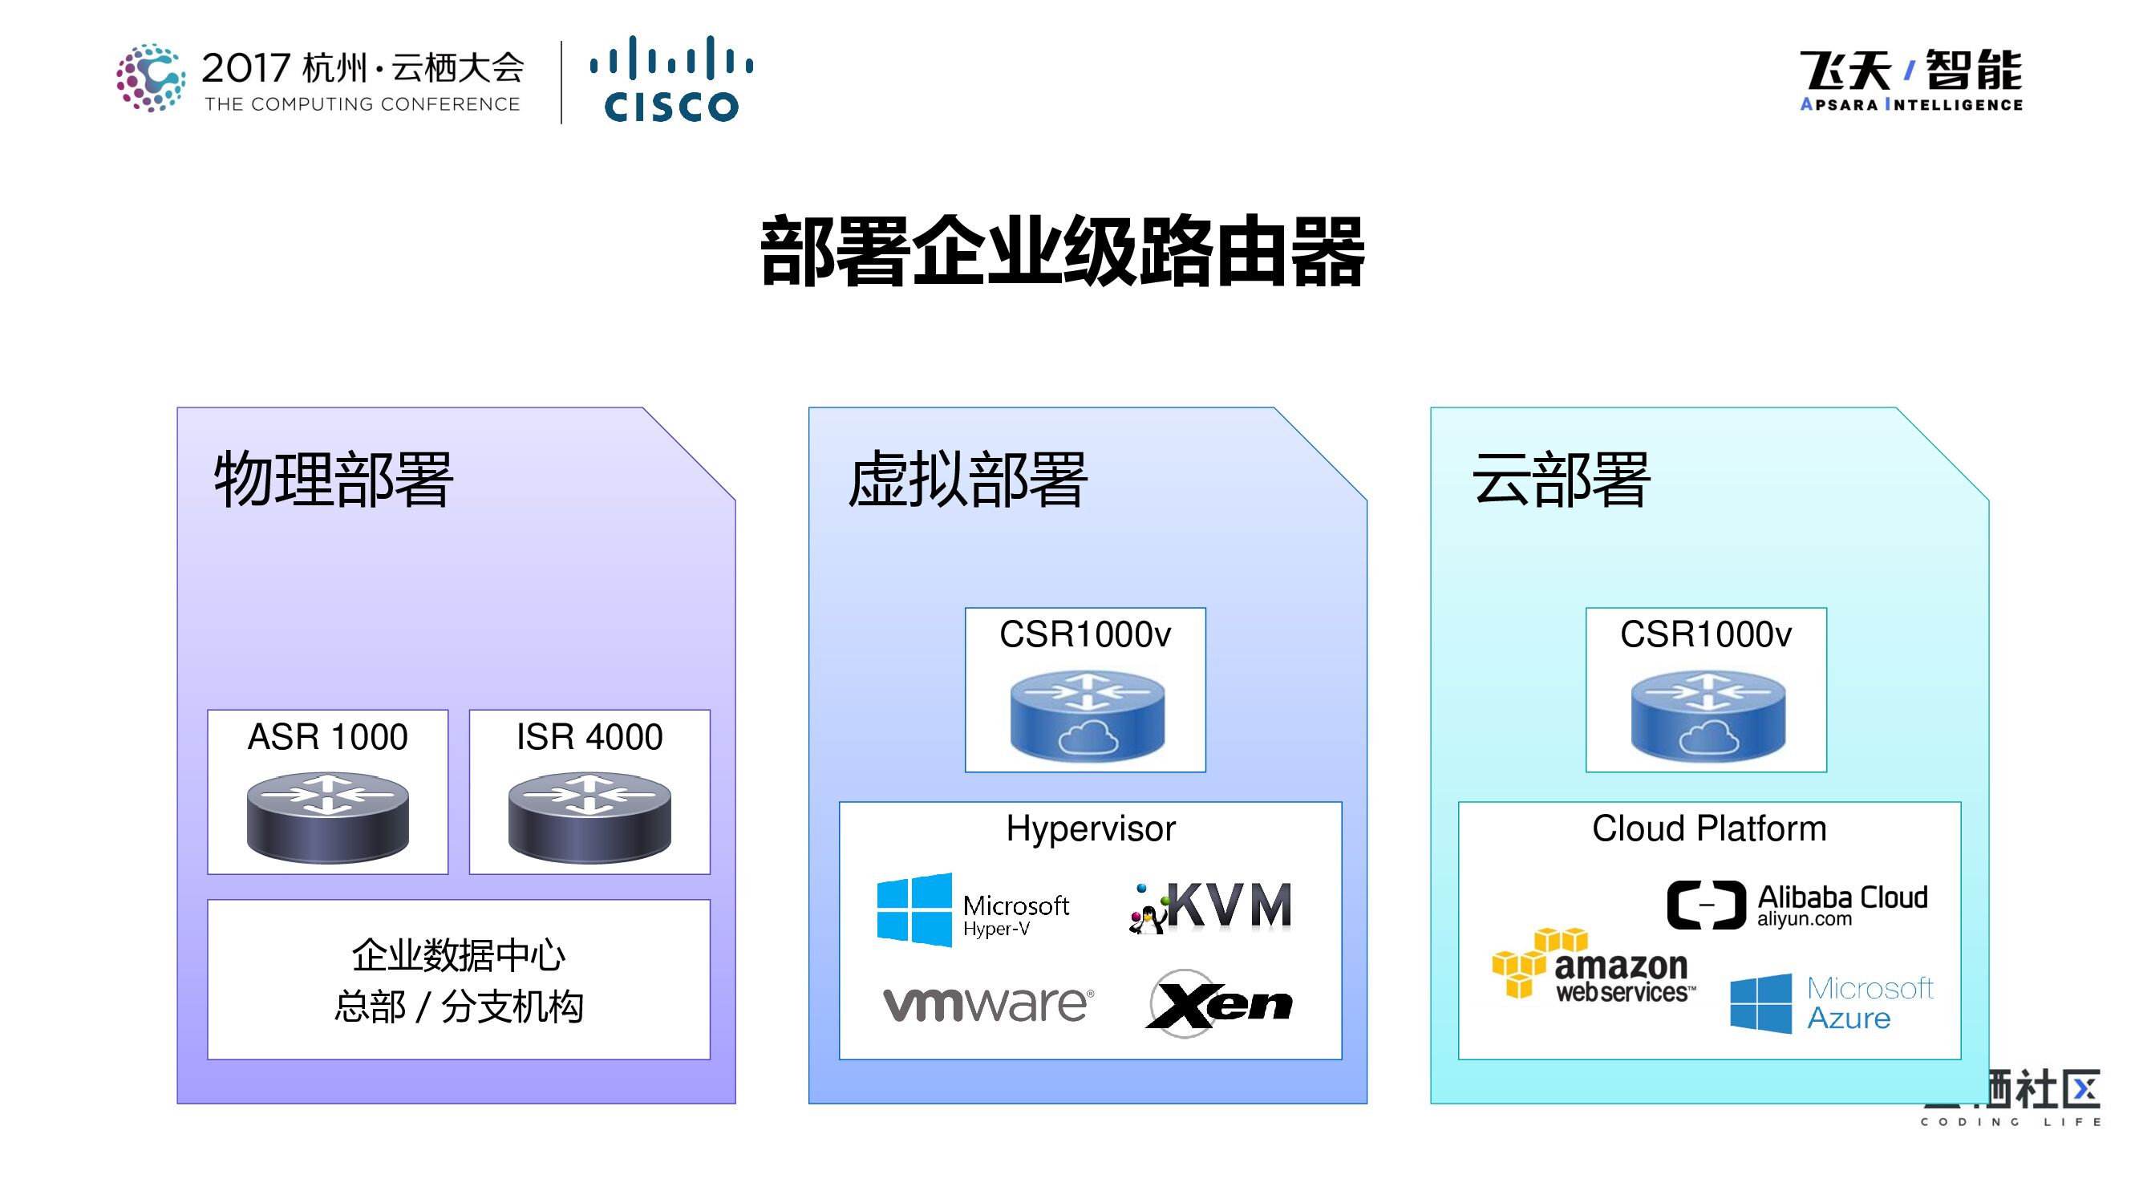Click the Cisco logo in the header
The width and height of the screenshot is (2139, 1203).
[x=671, y=79]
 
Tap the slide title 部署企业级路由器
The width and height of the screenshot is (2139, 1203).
[x=1062, y=252]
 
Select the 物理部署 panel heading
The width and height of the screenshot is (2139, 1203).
[x=333, y=480]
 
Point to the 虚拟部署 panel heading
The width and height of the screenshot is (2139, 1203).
[x=966, y=480]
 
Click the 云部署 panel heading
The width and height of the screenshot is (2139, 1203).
[x=1560, y=480]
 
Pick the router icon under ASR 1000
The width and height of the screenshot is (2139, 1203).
[x=327, y=816]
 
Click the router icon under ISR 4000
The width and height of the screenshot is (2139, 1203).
[x=589, y=816]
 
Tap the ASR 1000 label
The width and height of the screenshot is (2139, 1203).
[x=327, y=737]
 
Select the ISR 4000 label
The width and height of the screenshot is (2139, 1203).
[x=589, y=737]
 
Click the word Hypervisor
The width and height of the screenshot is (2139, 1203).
[x=1090, y=828]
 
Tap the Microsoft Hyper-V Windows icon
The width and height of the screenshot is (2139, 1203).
[x=914, y=910]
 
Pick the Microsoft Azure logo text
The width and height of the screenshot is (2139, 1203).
[x=1870, y=1003]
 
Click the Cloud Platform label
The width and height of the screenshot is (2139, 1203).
[x=1709, y=828]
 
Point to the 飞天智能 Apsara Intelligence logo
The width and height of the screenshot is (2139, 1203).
[x=1910, y=79]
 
